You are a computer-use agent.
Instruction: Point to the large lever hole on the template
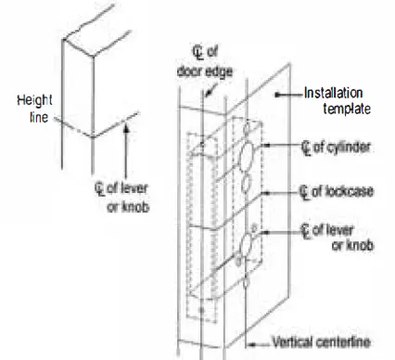point(248,248)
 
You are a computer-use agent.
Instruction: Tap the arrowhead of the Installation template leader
point(276,95)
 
